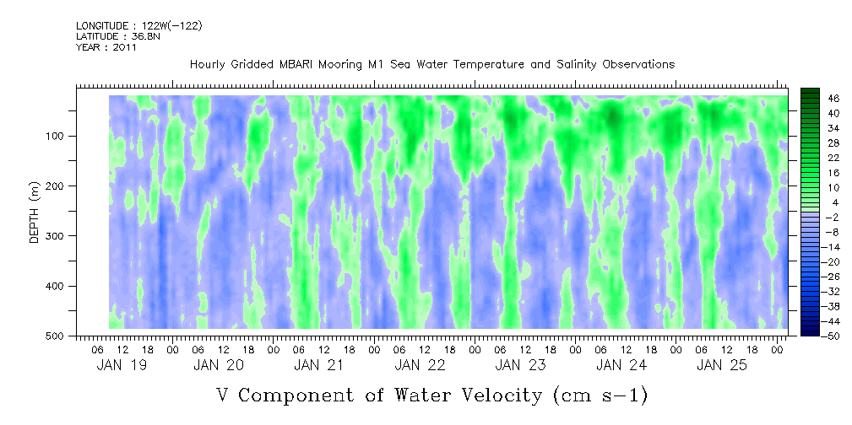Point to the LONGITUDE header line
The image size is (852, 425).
138,26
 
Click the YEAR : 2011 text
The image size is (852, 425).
106,47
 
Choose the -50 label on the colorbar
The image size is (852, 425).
833,336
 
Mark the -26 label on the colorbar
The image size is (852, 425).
833,276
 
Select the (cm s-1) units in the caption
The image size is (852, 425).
599,394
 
